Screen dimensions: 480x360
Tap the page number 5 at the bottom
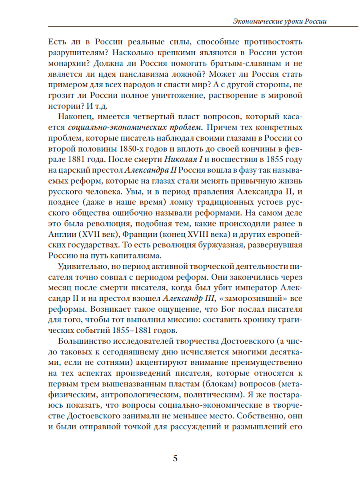coord(175,458)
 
